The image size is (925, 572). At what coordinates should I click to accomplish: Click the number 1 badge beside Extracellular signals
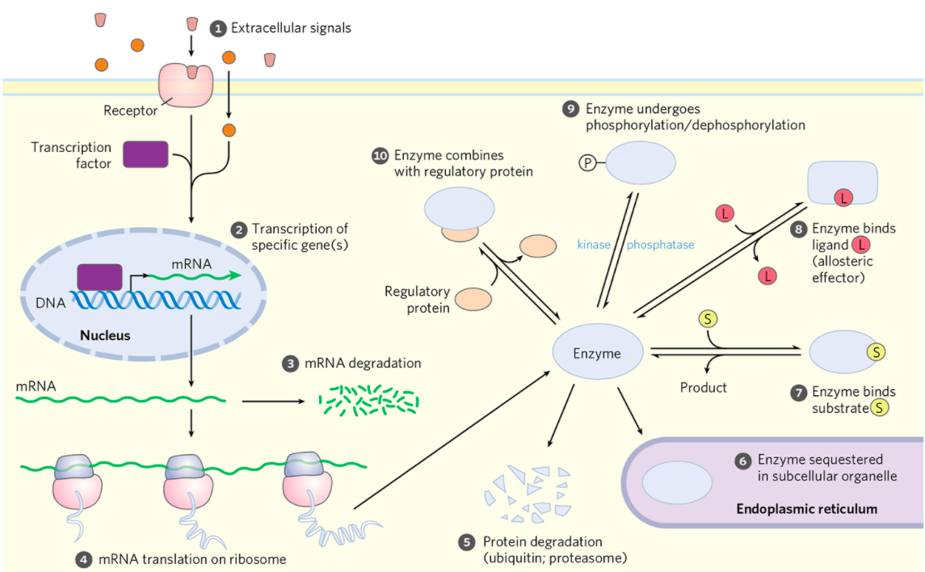pos(217,29)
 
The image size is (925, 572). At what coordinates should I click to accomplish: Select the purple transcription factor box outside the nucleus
pos(145,154)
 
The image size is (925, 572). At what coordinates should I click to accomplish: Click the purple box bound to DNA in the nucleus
pos(99,276)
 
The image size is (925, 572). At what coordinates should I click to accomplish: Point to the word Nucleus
pos(104,334)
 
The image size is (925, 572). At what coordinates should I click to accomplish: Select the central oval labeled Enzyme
pos(597,353)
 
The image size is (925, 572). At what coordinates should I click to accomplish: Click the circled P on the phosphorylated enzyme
pos(586,162)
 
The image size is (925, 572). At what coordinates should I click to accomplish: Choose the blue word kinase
pos(594,245)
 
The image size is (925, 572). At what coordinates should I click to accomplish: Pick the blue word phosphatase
pos(660,245)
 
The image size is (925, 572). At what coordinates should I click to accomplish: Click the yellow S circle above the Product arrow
pos(707,318)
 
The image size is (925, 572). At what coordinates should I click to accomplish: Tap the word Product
pos(703,388)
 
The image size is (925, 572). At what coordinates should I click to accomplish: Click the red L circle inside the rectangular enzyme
pos(843,197)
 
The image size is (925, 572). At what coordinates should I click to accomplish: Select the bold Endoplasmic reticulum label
pos(806,509)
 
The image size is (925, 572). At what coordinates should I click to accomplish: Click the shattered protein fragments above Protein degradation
pos(529,492)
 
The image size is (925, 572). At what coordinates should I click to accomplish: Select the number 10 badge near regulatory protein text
pos(380,155)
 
